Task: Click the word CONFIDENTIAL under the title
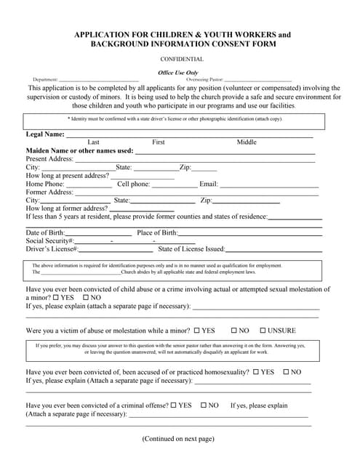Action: pyautogui.click(x=182, y=59)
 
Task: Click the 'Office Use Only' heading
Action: pyautogui.click(x=178, y=73)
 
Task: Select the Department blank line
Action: pyautogui.click(x=98, y=80)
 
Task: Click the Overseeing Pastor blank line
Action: pyautogui.click(x=257, y=80)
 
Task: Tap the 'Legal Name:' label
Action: pyautogui.click(x=45, y=134)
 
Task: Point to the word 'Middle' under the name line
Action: pyautogui.click(x=247, y=142)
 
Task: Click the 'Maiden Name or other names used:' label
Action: pyautogui.click(x=79, y=150)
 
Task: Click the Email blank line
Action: pyautogui.click(x=269, y=185)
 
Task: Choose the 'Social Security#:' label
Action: pyautogui.click(x=50, y=240)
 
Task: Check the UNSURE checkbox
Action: pyautogui.click(x=263, y=330)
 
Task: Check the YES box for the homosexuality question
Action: pyautogui.click(x=256, y=372)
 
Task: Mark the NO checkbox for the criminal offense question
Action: pyautogui.click(x=204, y=405)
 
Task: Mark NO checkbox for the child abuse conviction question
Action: pyautogui.click(x=87, y=297)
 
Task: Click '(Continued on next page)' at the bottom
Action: pyautogui.click(x=178, y=439)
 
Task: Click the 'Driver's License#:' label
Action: pyautogui.click(x=52, y=249)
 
